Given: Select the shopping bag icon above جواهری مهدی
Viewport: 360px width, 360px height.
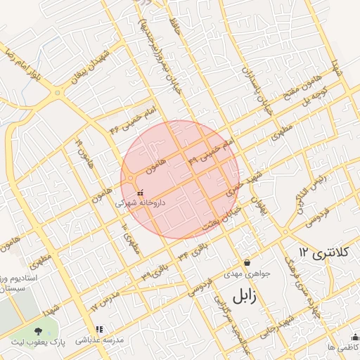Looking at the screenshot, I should [x=246, y=262].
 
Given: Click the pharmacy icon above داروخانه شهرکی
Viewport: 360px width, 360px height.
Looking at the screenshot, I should [x=140, y=192].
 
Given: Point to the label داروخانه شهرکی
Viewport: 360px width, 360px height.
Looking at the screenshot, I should [x=140, y=202].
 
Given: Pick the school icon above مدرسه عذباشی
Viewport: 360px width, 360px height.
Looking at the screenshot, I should [x=99, y=328].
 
